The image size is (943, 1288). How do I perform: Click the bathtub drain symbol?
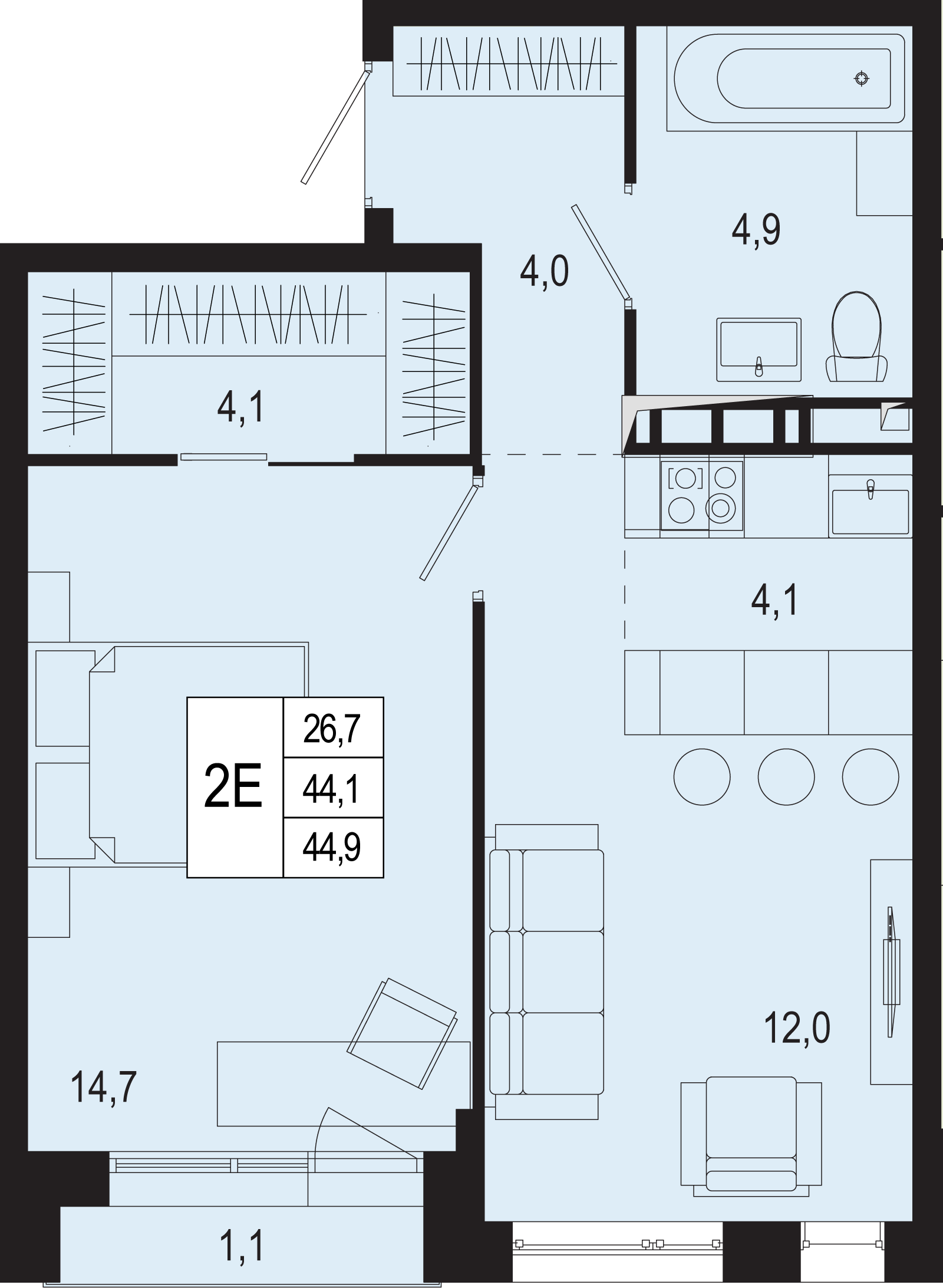pyautogui.click(x=862, y=78)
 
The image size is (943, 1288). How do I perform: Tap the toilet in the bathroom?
pyautogui.click(x=856, y=336)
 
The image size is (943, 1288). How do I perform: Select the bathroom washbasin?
pyautogui.click(x=759, y=350)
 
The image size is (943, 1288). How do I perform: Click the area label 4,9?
pyautogui.click(x=756, y=229)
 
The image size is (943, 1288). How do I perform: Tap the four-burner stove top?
pyautogui.click(x=702, y=495)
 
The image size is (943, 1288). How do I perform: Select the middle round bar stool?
pyautogui.click(x=786, y=776)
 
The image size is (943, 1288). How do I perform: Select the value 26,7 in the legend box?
pyautogui.click(x=332, y=729)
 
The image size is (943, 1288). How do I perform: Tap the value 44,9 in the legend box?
pyautogui.click(x=332, y=848)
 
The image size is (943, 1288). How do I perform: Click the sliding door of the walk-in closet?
pyautogui.click(x=224, y=456)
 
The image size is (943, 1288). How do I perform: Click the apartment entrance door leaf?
pyautogui.click(x=334, y=126)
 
